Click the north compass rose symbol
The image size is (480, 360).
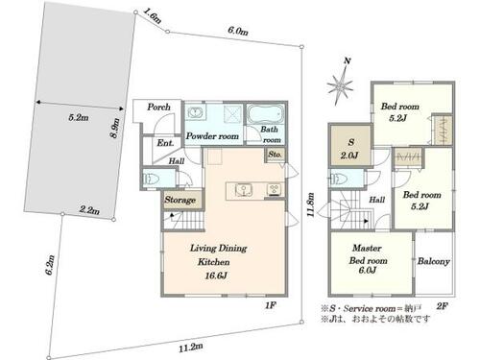click(341, 84)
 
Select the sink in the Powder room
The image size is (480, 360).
click(194, 112)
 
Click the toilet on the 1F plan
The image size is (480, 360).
click(152, 179)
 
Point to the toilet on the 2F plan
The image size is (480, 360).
click(338, 179)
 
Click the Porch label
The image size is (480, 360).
click(158, 107)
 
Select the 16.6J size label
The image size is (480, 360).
click(216, 276)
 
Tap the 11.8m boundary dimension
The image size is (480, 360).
click(310, 204)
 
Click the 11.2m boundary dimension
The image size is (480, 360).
click(191, 348)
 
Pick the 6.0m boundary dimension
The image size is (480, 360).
click(238, 31)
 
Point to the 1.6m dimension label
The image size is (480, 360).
click(153, 15)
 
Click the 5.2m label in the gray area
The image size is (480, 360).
click(79, 117)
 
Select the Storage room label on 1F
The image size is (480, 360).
click(180, 200)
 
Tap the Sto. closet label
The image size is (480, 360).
click(275, 155)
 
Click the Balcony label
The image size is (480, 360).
click(434, 261)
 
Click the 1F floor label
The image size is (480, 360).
click(271, 305)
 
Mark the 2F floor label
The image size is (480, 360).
click(442, 306)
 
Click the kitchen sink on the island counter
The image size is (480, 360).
click(243, 190)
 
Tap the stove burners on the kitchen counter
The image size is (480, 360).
click(274, 189)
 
